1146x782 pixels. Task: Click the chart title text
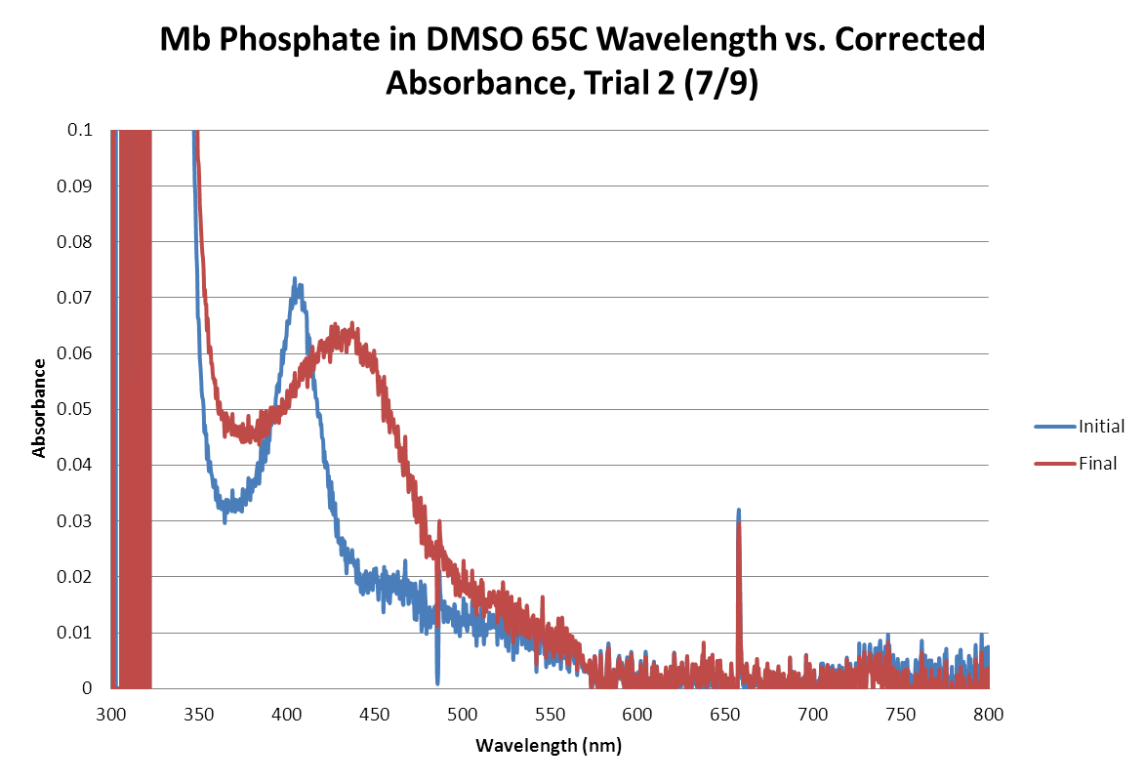pos(573,61)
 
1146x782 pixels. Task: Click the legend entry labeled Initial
pos(1101,427)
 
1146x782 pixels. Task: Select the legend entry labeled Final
pos(1097,464)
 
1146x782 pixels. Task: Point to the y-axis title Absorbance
pos(39,408)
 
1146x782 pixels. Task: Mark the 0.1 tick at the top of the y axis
pos(83,130)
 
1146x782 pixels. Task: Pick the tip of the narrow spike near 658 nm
pos(739,511)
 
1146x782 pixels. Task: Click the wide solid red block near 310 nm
pos(136,410)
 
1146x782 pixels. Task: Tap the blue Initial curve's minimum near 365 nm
pos(225,520)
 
